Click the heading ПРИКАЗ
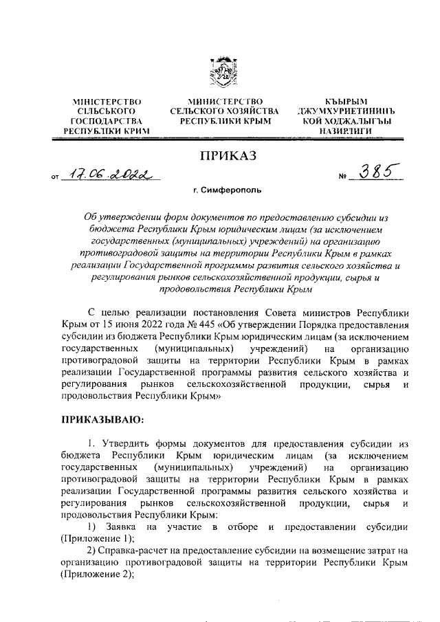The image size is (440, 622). [227, 156]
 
